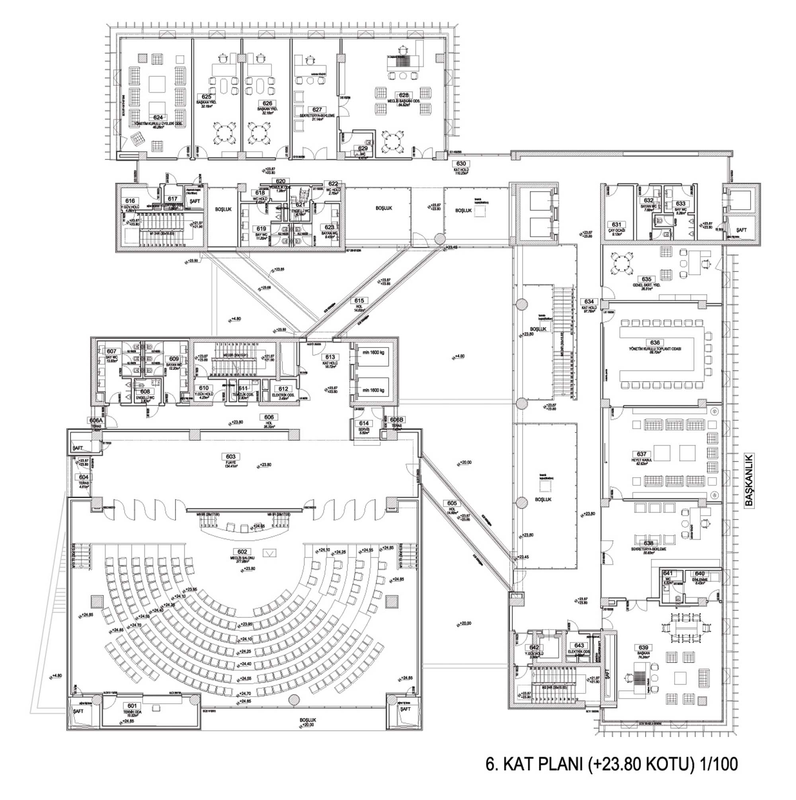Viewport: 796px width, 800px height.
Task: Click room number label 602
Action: pyautogui.click(x=242, y=552)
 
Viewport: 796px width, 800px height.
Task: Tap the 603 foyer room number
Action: pyautogui.click(x=231, y=457)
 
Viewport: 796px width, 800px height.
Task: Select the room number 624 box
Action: pyautogui.click(x=158, y=117)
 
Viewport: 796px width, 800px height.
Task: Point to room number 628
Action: pyautogui.click(x=404, y=95)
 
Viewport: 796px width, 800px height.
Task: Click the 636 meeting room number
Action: pyautogui.click(x=655, y=342)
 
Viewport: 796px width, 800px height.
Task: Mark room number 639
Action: pyautogui.click(x=643, y=648)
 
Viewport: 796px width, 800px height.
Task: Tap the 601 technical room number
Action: pyautogui.click(x=132, y=706)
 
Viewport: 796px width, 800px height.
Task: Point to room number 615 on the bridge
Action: pyautogui.click(x=359, y=300)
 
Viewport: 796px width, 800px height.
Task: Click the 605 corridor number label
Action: pyautogui.click(x=452, y=503)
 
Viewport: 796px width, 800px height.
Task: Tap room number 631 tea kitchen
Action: pyautogui.click(x=616, y=225)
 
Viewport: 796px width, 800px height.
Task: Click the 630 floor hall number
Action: pyautogui.click(x=461, y=164)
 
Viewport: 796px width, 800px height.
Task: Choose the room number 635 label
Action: pyautogui.click(x=646, y=279)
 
